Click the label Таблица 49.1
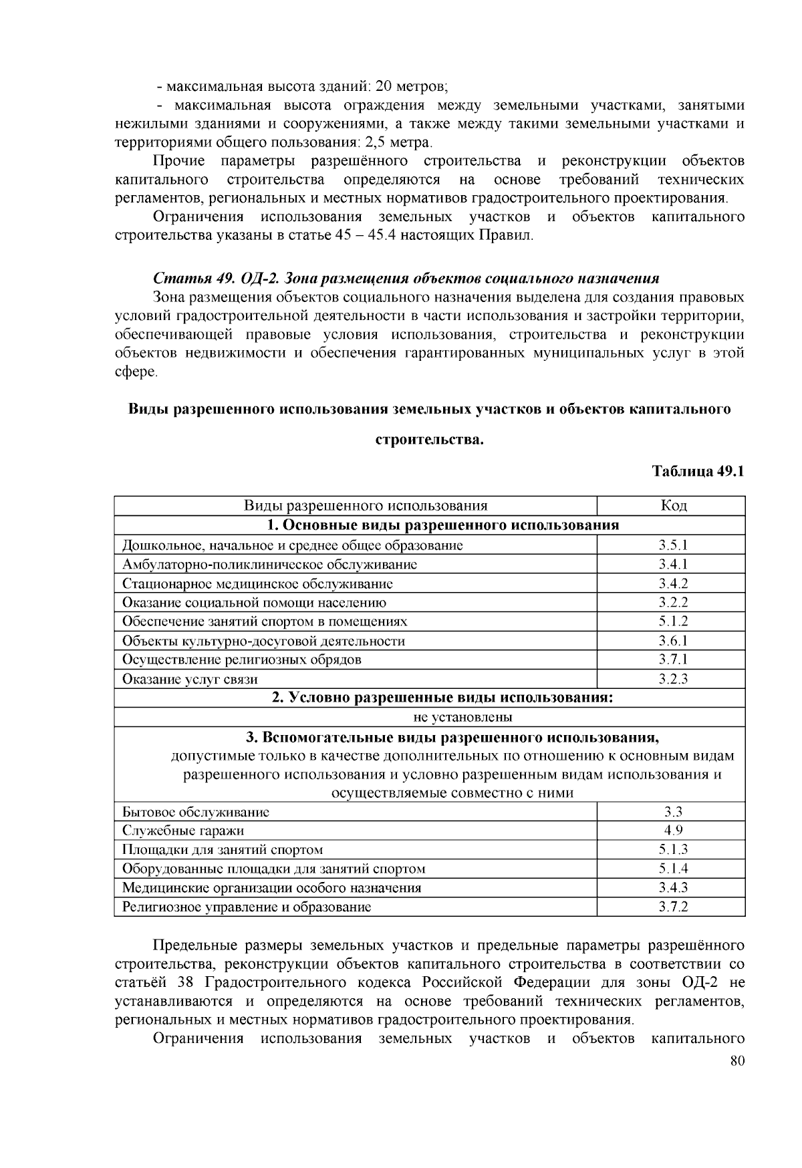pyautogui.click(x=698, y=471)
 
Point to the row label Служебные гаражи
pyautogui.click(x=183, y=831)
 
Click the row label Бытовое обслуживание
pyautogui.click(x=196, y=812)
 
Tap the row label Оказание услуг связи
pyautogui.click(x=190, y=679)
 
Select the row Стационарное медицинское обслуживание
pyautogui.click(x=257, y=583)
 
